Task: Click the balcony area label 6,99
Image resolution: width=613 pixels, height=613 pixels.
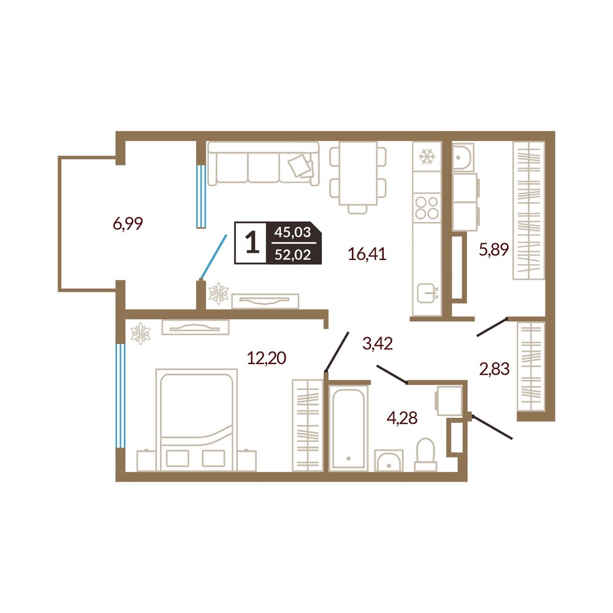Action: pos(128,224)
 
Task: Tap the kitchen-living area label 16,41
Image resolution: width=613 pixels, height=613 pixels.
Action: pos(367,254)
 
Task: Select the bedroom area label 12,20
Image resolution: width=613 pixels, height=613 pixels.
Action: pos(267,358)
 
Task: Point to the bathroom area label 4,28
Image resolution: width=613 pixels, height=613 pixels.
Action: pos(402,418)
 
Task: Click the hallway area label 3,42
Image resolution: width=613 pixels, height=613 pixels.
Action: pos(378,344)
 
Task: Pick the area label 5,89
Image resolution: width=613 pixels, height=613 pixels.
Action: pos(493,249)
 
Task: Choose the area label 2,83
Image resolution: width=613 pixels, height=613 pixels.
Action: pos(495,368)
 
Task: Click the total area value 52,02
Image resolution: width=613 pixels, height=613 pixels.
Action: pos(293,255)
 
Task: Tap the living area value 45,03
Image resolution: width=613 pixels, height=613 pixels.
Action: pos(292,232)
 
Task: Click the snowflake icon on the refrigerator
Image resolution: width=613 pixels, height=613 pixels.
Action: pos(427,157)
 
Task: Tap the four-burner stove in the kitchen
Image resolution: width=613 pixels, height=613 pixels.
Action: pos(427,208)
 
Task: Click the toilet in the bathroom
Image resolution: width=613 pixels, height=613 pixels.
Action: pos(425,455)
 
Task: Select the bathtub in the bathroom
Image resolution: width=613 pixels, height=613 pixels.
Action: pos(348,428)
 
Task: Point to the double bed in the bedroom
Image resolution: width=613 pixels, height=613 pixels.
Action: pos(196,420)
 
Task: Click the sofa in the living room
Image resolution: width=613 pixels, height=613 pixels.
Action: pos(264,164)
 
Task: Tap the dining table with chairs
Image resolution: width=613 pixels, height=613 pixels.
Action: pos(358,178)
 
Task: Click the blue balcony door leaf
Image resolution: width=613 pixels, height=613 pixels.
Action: pos(213,256)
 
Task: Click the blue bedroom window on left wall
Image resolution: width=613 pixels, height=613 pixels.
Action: pos(120,395)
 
